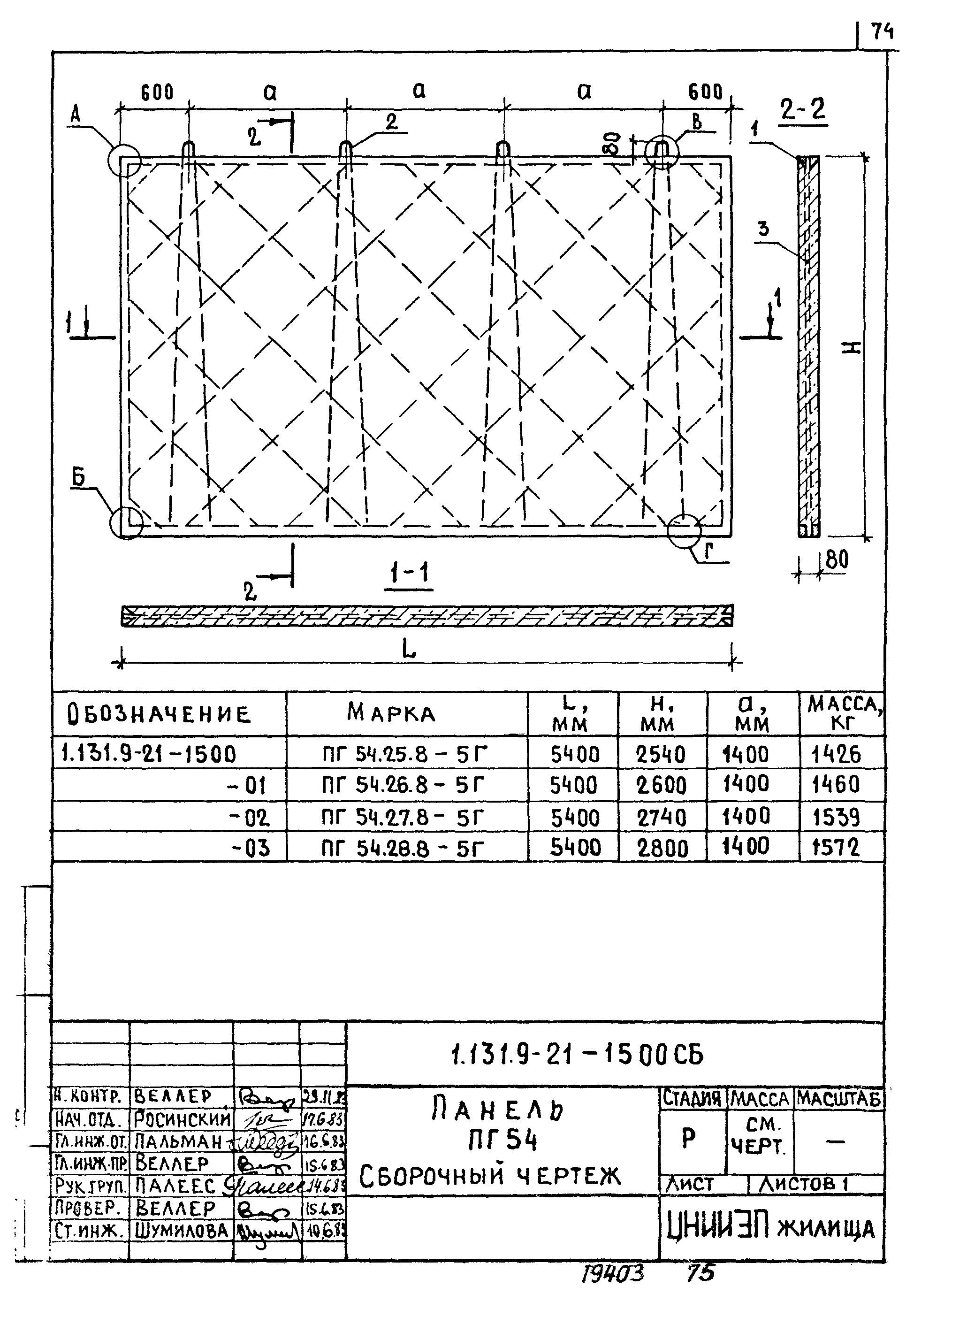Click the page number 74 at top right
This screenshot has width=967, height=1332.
tap(882, 31)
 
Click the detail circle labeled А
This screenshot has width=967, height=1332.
tap(124, 160)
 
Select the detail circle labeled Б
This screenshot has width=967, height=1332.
tap(127, 522)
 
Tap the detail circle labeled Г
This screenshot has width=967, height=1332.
tap(684, 530)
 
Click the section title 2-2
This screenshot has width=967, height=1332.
tap(803, 109)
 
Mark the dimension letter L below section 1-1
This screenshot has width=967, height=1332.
tap(409, 649)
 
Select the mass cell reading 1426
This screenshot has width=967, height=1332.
tap(836, 754)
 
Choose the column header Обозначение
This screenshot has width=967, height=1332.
tap(159, 714)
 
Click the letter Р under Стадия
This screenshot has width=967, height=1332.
tap(689, 1139)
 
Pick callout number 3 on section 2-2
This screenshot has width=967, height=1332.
tap(763, 228)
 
